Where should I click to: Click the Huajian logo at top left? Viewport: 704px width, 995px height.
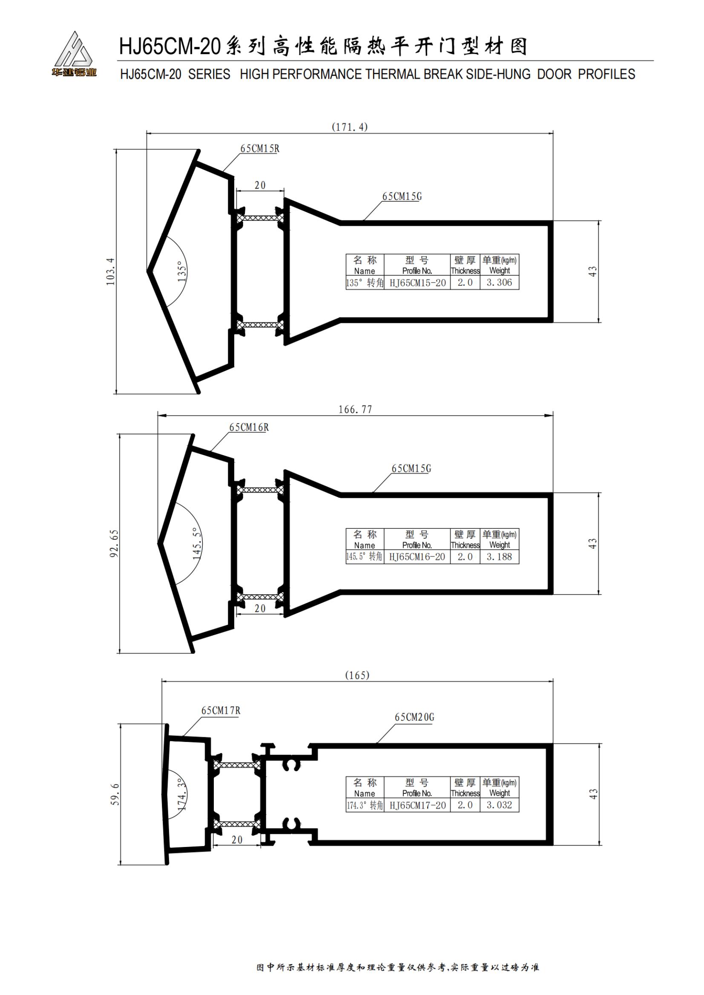(74, 54)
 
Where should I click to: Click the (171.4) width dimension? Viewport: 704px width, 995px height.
(349, 127)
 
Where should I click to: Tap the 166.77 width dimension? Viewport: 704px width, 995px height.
(355, 410)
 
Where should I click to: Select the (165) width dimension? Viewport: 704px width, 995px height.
(357, 675)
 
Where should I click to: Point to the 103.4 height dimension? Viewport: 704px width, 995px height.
(111, 271)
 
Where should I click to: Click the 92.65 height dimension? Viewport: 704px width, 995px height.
(114, 543)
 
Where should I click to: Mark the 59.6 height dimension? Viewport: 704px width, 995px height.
(115, 794)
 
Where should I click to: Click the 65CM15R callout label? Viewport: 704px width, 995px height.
(260, 148)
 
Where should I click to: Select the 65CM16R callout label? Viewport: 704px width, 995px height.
(249, 427)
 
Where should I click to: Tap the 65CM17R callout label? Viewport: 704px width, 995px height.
(220, 710)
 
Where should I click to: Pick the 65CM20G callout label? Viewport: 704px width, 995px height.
(414, 717)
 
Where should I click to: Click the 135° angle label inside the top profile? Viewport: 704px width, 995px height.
(182, 271)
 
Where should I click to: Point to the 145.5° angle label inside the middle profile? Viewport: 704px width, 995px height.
(197, 543)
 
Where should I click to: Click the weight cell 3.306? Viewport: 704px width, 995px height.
(499, 282)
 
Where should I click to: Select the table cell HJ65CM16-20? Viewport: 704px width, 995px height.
(417, 557)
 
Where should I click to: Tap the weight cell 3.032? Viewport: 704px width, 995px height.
(499, 805)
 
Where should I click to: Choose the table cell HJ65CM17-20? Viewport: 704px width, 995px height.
(417, 805)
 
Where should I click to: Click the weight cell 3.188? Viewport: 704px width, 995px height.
(499, 557)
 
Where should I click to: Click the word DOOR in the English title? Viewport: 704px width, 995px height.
(554, 74)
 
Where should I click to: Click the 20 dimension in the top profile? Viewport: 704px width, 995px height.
(260, 185)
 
